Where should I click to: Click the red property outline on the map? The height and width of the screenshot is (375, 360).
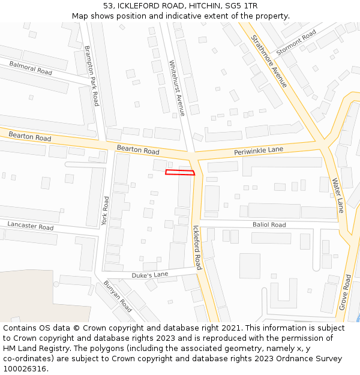coord(180,173)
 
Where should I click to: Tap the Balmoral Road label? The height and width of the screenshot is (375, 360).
coord(31,67)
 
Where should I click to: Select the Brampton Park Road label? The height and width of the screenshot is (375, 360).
coord(91,76)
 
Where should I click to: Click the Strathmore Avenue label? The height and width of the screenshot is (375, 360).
coord(269,60)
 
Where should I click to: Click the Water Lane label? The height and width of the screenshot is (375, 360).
coord(338,195)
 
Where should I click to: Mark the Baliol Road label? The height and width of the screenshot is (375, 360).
coord(269,224)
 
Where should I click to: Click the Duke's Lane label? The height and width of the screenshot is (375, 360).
coord(150,275)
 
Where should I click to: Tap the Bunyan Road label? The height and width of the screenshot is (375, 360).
coord(118,296)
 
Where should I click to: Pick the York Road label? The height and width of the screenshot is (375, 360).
coord(105,211)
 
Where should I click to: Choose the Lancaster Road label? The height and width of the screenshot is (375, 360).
coord(31,226)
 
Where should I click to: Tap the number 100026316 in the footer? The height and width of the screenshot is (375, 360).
coord(24,368)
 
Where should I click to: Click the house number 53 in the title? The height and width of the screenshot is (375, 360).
coord(108,6)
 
